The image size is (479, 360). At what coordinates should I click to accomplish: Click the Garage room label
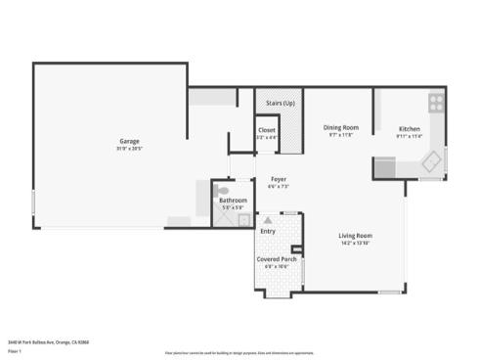point(129,141)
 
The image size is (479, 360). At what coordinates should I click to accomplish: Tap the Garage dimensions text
point(129,150)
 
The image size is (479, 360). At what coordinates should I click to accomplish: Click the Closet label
point(266,130)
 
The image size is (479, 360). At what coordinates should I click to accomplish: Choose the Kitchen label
point(410,128)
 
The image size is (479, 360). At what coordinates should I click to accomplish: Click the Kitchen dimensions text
point(410,136)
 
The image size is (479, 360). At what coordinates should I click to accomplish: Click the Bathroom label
point(233,201)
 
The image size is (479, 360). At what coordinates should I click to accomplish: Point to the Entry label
point(268,231)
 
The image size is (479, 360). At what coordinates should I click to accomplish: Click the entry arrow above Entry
point(264,222)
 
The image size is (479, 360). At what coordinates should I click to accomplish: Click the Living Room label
point(355,236)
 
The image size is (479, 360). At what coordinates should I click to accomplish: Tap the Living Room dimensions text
point(355,244)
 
